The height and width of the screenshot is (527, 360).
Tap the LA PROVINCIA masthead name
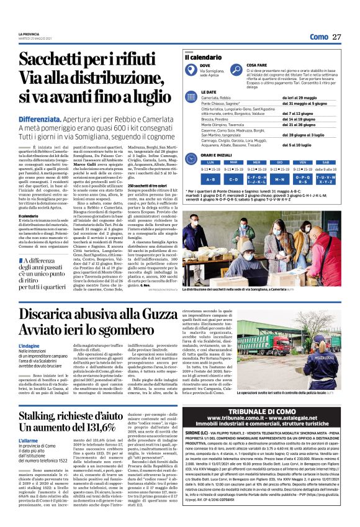coord(28,34)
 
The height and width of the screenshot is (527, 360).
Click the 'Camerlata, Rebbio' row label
coord(202,98)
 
